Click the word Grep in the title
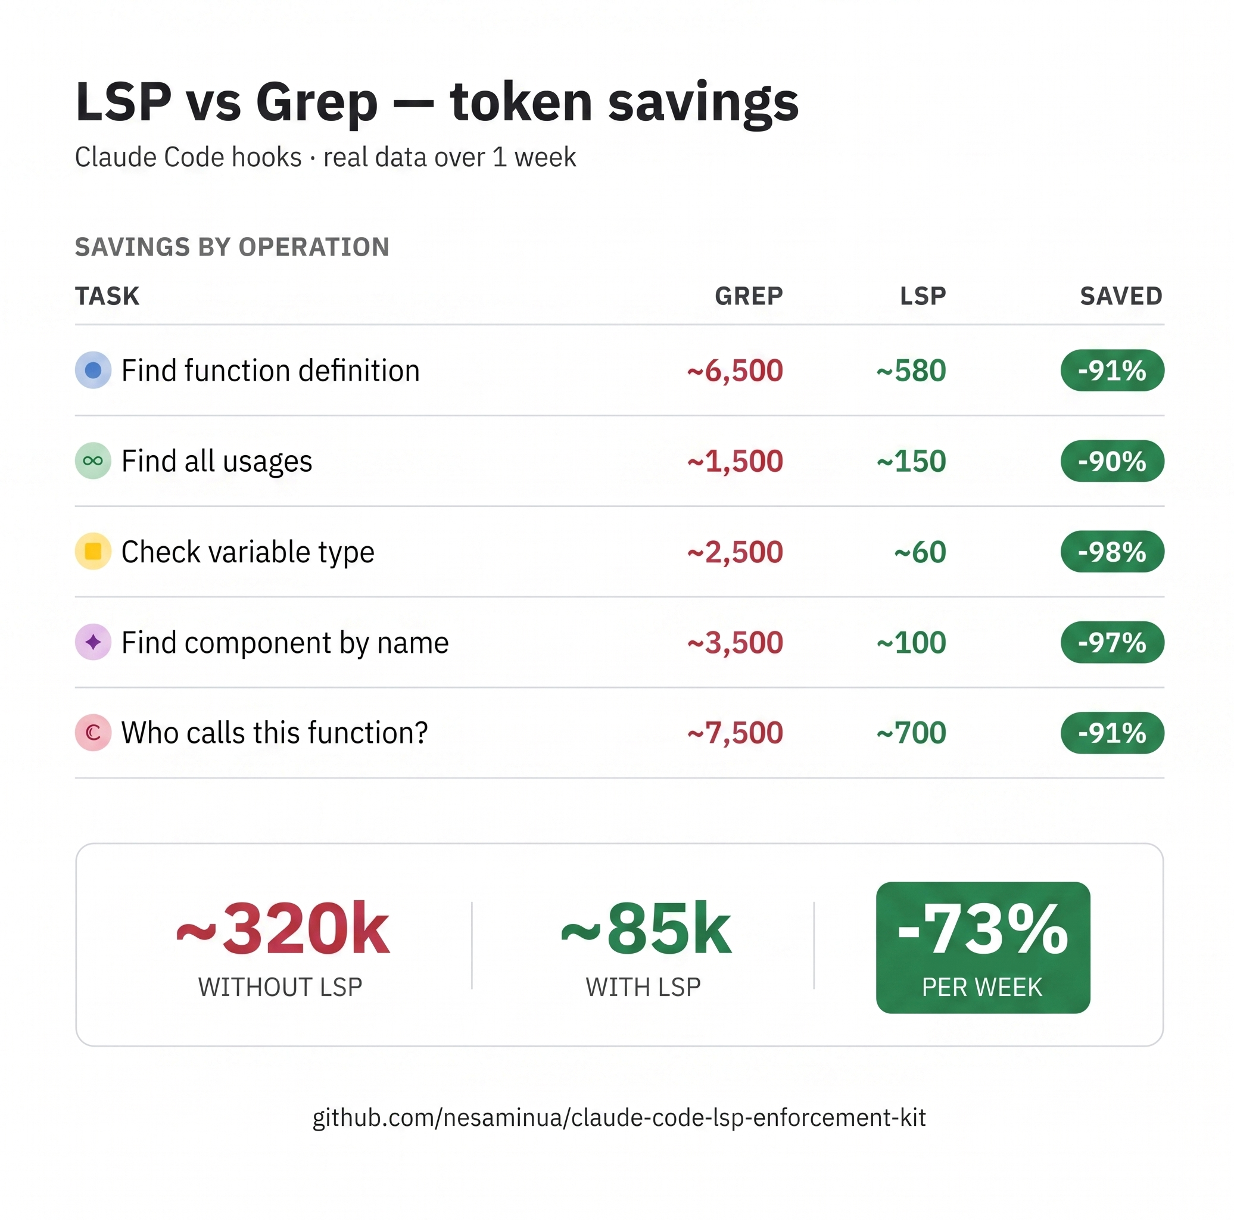317,102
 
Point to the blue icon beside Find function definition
94,371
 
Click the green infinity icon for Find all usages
94,461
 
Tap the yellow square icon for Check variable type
94,552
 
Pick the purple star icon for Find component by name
94,643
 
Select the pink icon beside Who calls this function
94,733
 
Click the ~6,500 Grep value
735,371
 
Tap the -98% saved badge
1112,552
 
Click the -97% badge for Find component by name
1112,643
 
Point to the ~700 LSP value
911,733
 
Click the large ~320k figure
282,929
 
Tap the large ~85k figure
646,929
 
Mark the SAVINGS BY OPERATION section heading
232,247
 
